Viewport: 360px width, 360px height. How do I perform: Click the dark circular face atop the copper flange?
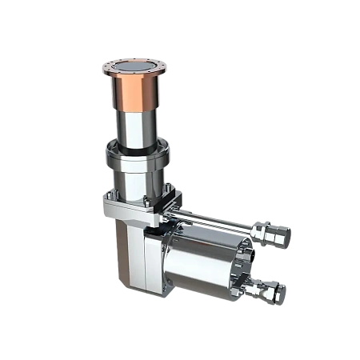point(134,66)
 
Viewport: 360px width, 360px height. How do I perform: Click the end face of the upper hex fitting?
point(286,237)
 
